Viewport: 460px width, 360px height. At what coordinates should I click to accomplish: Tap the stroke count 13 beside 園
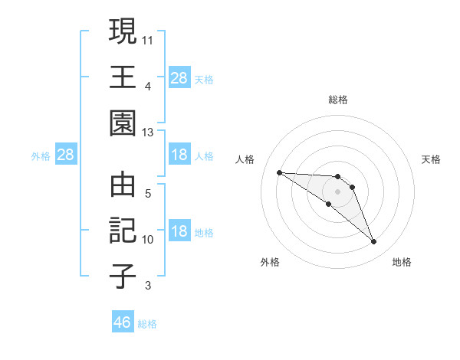pyautogui.click(x=149, y=133)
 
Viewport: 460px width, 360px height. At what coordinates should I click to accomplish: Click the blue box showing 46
pyautogui.click(x=123, y=322)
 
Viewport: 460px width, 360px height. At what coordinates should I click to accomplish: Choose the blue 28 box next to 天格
pyautogui.click(x=179, y=78)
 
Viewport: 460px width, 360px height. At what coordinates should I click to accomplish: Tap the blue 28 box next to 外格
pyautogui.click(x=66, y=155)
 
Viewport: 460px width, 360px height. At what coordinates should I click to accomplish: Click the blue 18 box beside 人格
pyautogui.click(x=179, y=155)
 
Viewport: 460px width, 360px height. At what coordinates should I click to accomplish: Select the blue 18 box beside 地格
pyautogui.click(x=179, y=232)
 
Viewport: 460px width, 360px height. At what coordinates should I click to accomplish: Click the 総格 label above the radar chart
pyautogui.click(x=337, y=100)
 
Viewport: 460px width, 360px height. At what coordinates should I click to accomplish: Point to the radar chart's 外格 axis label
pyautogui.click(x=270, y=262)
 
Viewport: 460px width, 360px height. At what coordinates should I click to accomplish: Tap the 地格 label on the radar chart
pyautogui.click(x=402, y=262)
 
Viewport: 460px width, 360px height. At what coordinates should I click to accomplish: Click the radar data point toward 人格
pyautogui.click(x=279, y=172)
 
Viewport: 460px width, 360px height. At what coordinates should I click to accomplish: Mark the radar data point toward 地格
pyautogui.click(x=373, y=242)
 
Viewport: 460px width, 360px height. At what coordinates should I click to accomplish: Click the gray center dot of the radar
pyautogui.click(x=337, y=191)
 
